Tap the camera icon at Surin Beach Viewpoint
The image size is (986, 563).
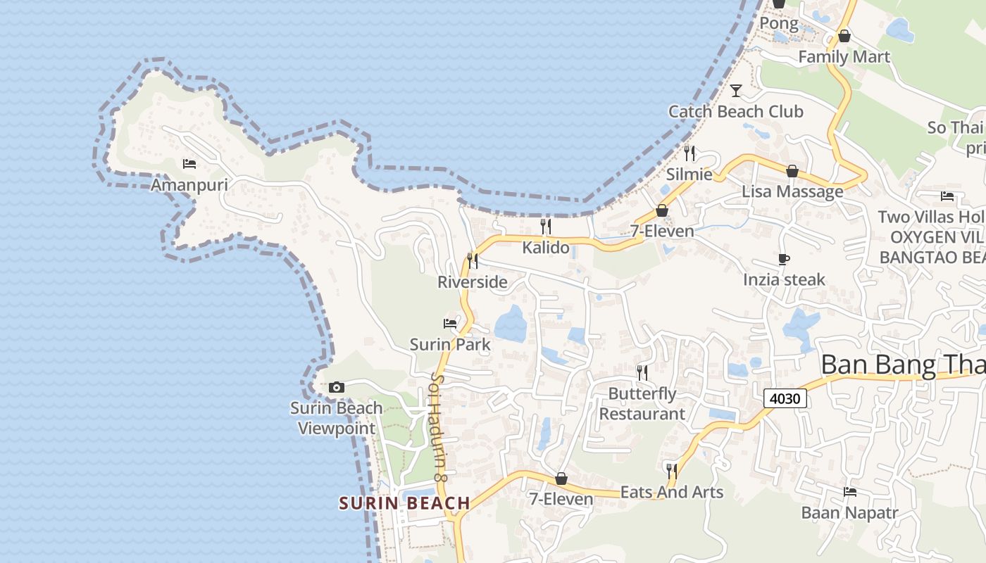pyautogui.click(x=337, y=387)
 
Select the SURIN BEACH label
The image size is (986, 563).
pyautogui.click(x=404, y=503)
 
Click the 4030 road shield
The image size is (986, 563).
pyautogui.click(x=785, y=398)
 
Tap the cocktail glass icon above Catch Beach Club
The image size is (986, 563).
pyautogui.click(x=736, y=90)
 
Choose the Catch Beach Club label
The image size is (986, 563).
pyautogui.click(x=736, y=111)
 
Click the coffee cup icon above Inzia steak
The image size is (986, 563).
pyautogui.click(x=784, y=260)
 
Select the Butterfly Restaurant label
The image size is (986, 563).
pyautogui.click(x=642, y=404)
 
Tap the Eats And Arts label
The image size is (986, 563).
pyautogui.click(x=672, y=492)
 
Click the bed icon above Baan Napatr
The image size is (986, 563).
pyautogui.click(x=850, y=492)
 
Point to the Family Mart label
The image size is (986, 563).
pyautogui.click(x=844, y=57)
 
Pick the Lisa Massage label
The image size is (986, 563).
pyautogui.click(x=792, y=191)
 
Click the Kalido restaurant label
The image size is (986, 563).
pyautogui.click(x=546, y=247)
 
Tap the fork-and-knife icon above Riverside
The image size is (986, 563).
pyautogui.click(x=473, y=260)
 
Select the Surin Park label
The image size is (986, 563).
pyautogui.click(x=451, y=345)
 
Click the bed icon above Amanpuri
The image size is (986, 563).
pyautogui.click(x=189, y=164)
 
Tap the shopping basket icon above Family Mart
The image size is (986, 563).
pyautogui.click(x=844, y=36)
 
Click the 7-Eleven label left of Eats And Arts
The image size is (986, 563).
pyautogui.click(x=561, y=499)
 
